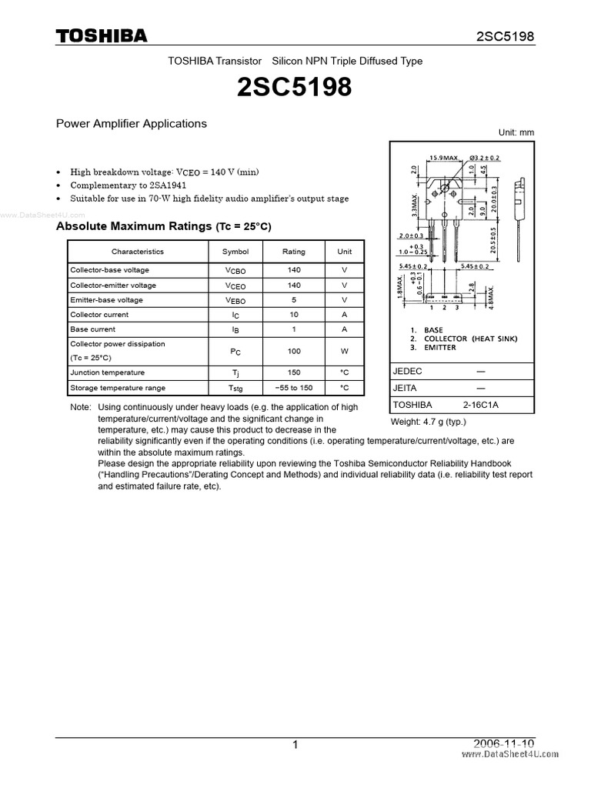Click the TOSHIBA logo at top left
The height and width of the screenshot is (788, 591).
click(x=101, y=36)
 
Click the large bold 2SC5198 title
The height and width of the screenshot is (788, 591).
click(x=295, y=88)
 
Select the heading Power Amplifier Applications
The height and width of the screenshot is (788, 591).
click(x=132, y=123)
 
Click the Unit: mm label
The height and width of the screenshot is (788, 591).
click(x=516, y=132)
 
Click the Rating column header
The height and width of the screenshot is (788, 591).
click(x=293, y=252)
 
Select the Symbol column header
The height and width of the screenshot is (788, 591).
click(x=235, y=252)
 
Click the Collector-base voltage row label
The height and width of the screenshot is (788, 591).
click(x=109, y=270)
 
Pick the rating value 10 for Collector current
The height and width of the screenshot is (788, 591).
click(x=293, y=315)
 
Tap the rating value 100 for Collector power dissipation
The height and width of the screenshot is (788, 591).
click(x=293, y=351)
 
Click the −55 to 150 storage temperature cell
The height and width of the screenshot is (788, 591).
click(x=293, y=388)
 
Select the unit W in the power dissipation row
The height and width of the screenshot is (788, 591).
click(x=345, y=351)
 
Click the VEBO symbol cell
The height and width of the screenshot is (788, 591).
click(x=235, y=300)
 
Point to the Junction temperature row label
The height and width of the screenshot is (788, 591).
click(x=107, y=372)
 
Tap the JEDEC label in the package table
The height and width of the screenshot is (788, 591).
click(x=407, y=371)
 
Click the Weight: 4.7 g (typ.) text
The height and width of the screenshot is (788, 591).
click(x=429, y=422)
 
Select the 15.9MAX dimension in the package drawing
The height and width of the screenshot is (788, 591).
click(x=443, y=158)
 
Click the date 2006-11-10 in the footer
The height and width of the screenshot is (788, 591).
click(x=504, y=743)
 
